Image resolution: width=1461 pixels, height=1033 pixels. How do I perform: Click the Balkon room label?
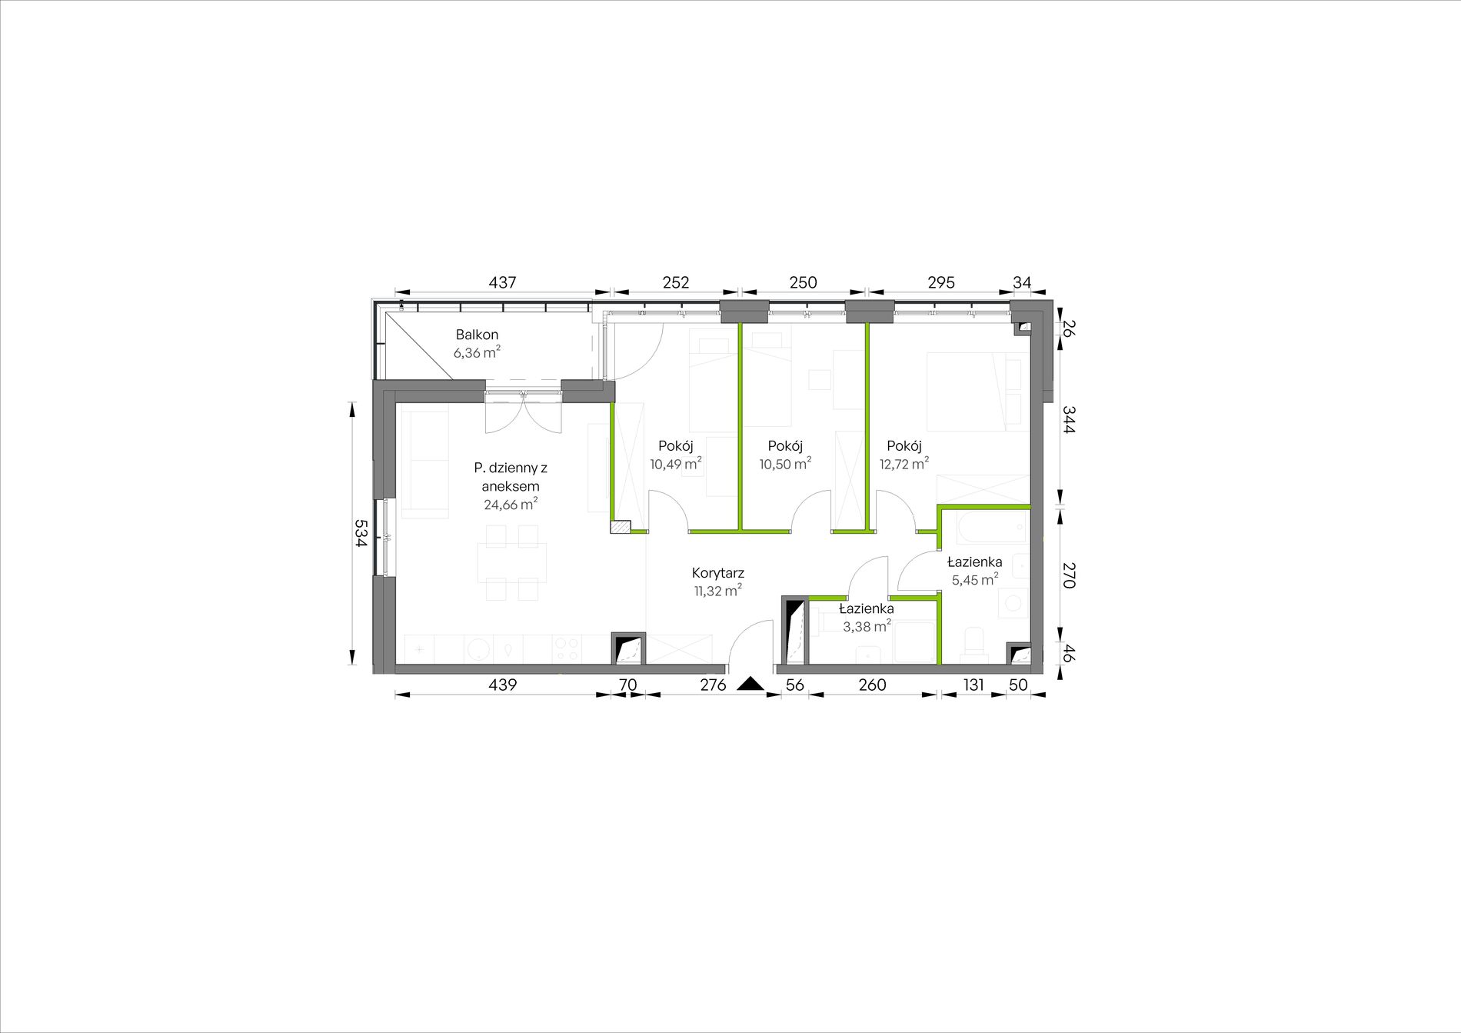pos(477,335)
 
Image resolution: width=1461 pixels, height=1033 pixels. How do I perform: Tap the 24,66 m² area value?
pos(511,505)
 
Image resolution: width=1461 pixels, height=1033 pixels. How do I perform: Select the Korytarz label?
pos(718,573)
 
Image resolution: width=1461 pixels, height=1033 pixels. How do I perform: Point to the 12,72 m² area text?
pos(904,464)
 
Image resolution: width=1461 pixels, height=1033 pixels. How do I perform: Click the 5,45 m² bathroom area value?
pos(975,580)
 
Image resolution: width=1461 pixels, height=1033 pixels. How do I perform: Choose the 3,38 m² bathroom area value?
pos(867,626)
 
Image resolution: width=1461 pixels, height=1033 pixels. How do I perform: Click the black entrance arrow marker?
pos(750,683)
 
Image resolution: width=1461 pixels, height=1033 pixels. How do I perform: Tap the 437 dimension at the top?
pos(502,282)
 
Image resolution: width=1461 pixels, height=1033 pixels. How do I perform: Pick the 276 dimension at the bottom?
pos(713,685)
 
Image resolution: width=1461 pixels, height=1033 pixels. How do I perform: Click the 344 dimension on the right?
pos(1068,420)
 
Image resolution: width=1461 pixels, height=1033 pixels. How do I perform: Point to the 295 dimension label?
pos(941,282)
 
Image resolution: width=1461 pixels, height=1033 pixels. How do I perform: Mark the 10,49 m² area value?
pos(676,464)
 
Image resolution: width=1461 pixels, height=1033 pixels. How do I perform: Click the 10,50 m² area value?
pos(786,464)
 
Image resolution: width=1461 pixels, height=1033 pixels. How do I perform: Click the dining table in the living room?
pos(512,562)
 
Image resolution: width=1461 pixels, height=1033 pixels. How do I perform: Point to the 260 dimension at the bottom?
pos(872,685)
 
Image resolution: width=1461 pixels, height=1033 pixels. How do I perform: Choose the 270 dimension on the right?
pos(1068,575)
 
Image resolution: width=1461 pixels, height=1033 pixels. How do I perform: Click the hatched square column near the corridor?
pos(621,527)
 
